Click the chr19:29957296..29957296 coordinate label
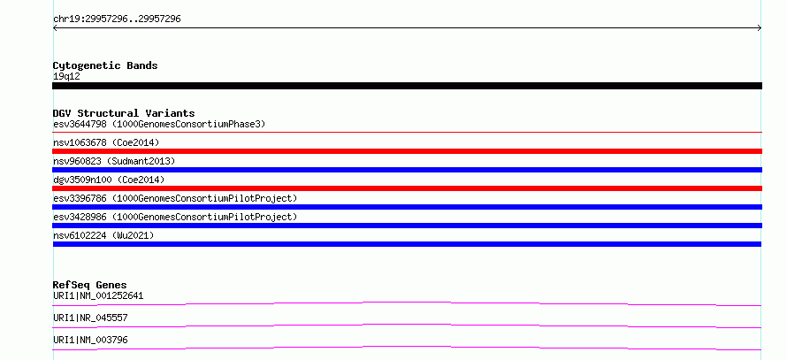[117, 19]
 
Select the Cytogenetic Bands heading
[105, 65]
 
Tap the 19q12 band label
[66, 77]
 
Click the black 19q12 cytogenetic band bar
[407, 86]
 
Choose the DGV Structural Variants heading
[124, 113]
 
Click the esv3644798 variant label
[159, 124]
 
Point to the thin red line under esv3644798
[407, 132]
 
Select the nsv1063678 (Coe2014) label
[106, 142]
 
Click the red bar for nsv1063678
[407, 151]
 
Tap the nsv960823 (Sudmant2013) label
[114, 161]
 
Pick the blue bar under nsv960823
[407, 170]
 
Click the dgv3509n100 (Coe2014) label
[109, 180]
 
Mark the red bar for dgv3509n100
[407, 188]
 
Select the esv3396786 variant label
[175, 198]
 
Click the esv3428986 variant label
[175, 217]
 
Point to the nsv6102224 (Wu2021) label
[103, 235]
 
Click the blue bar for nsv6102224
[407, 244]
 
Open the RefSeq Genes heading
[90, 285]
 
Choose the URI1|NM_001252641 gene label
[98, 295]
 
